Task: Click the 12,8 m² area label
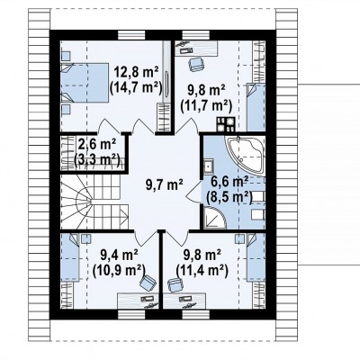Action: coord(136,73)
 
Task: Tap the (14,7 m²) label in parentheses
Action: coord(136,88)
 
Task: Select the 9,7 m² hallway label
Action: coord(165,184)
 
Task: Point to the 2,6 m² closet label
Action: coord(97,143)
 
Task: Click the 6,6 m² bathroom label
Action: coord(229,182)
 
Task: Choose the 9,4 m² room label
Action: coord(119,256)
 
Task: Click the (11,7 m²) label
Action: coord(206,105)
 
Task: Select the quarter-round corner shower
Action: coord(215,219)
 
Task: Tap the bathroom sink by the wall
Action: coord(209,166)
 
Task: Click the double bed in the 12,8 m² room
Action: coord(85,83)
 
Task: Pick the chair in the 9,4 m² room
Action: coord(148,283)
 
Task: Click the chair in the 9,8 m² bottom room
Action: coord(175,284)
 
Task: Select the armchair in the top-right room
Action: coord(196,64)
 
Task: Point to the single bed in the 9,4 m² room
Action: coord(70,257)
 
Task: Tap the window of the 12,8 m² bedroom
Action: coord(131,35)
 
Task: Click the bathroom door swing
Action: coord(194,192)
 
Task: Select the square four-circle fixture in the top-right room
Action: coord(226,124)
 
